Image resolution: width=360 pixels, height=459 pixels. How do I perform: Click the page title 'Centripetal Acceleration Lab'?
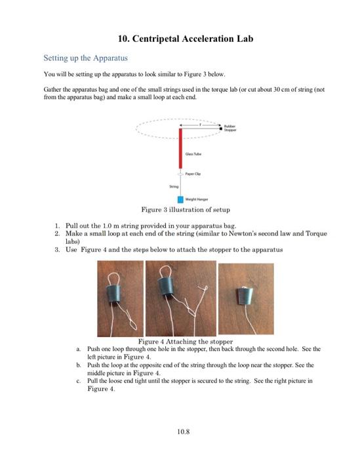pos(193,39)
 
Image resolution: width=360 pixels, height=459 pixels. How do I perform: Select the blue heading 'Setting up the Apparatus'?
pos(85,58)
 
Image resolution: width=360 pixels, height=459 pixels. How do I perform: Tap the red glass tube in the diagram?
pos(180,148)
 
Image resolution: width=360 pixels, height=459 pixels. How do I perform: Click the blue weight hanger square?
pos(180,199)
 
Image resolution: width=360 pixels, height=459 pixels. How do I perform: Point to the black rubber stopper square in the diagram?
pos(221,129)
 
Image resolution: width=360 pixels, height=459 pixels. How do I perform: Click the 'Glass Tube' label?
pos(193,154)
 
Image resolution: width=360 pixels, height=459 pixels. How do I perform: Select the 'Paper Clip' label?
pos(193,174)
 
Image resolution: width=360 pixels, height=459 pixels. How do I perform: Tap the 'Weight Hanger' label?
pos(197,199)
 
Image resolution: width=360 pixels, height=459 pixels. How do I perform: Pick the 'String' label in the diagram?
pos(174,186)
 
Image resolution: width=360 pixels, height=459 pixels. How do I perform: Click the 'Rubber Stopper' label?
pos(230,129)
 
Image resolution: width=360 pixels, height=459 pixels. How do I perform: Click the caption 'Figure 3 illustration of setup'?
pos(186,210)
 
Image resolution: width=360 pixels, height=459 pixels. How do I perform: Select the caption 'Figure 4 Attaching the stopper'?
pos(186,342)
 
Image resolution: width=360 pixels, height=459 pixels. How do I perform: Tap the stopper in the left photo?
pos(113,292)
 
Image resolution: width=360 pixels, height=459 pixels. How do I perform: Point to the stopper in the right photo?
pos(244,296)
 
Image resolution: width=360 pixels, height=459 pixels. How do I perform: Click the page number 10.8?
pos(183,431)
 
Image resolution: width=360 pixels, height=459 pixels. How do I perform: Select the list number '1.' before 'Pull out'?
pos(57,226)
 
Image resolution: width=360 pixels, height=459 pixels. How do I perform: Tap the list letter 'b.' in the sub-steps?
pos(78,365)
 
